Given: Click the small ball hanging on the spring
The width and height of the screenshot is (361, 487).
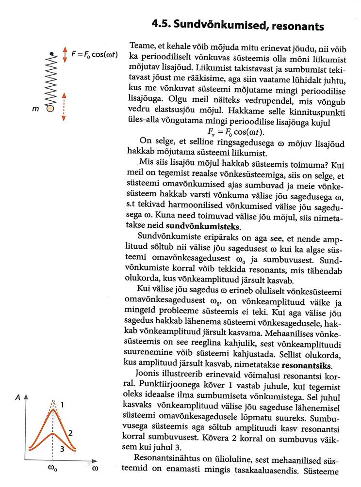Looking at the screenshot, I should coord(50,109).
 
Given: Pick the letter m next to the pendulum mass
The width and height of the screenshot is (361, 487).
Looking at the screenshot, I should coord(35,110).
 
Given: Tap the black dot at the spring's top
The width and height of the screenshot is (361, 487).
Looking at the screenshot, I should coord(50,53).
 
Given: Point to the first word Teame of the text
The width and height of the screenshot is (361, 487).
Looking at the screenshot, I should coord(141,46).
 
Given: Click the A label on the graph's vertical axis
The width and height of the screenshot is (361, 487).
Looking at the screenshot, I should coord(18,396).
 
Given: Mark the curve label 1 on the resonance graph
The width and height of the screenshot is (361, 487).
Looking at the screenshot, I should coord(63,404).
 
